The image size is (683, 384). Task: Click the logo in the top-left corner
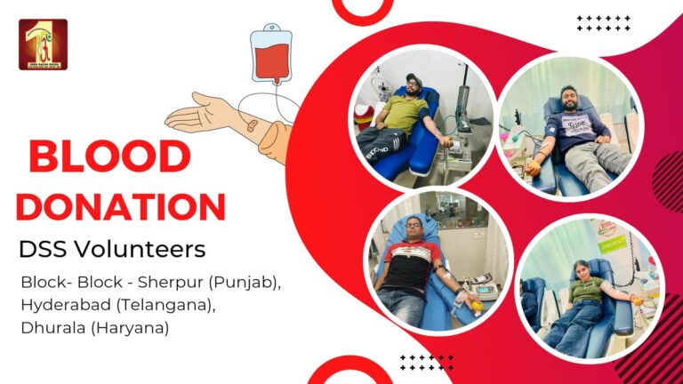pyautogui.click(x=43, y=44)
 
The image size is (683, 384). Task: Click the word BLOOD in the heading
pyautogui.click(x=109, y=157)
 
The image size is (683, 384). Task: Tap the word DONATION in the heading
pyautogui.click(x=120, y=206)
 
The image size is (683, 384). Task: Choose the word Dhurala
pyautogui.click(x=53, y=327)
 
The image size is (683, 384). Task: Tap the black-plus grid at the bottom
pyautogui.click(x=426, y=362)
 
